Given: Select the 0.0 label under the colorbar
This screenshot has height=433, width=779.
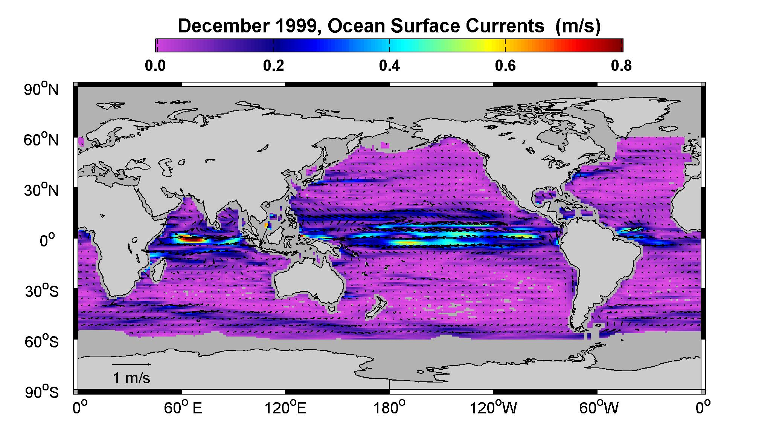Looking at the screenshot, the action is (x=155, y=66).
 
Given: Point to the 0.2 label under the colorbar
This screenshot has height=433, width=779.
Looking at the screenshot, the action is (x=273, y=66).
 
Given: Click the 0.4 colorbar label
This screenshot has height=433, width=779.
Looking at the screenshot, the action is (x=389, y=66).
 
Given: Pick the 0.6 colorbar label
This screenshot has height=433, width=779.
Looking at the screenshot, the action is (x=505, y=66).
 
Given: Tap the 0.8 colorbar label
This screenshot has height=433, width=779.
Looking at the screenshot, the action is (x=621, y=66).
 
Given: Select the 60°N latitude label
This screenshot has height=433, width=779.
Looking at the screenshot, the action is (x=41, y=139).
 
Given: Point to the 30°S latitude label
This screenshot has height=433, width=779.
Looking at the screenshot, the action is (x=42, y=291).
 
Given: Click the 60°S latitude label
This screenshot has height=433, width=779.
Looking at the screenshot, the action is (x=42, y=341).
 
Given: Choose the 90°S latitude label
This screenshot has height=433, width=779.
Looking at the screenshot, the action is (x=42, y=392).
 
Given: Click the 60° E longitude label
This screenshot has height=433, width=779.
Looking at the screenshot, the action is (x=183, y=408).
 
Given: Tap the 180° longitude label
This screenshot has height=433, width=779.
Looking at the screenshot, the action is (x=389, y=408).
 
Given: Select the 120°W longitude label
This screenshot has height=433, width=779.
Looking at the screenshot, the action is (x=493, y=408).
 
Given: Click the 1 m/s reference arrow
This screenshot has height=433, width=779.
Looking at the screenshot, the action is (x=132, y=364).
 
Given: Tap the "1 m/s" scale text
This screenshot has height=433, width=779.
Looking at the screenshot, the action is (x=131, y=378).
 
